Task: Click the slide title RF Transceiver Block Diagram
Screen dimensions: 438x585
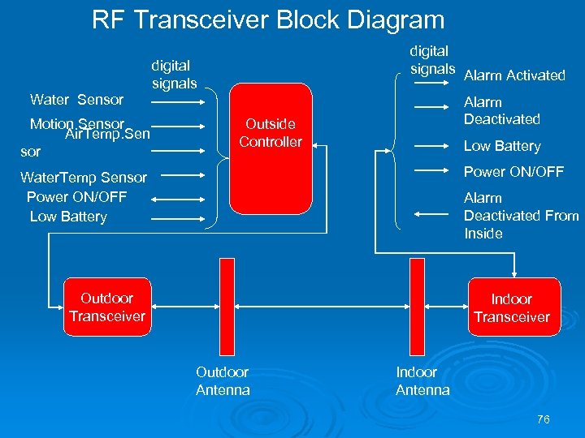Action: pyautogui.click(x=268, y=20)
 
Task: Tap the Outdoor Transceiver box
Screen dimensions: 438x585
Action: pyautogui.click(x=106, y=307)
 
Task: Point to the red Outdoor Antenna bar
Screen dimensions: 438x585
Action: pyautogui.click(x=227, y=307)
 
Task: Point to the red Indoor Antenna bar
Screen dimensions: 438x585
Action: pyautogui.click(x=419, y=307)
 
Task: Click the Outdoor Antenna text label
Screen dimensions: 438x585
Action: pyautogui.click(x=223, y=381)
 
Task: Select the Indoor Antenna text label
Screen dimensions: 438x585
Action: pyautogui.click(x=422, y=381)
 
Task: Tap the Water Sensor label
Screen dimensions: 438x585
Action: pyautogui.click(x=76, y=100)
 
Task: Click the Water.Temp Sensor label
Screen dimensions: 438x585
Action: pyautogui.click(x=84, y=178)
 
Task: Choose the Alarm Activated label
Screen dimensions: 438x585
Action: pyautogui.click(x=513, y=75)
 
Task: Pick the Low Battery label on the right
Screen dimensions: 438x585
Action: pyautogui.click(x=501, y=146)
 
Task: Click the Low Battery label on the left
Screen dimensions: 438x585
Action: pyautogui.click(x=68, y=217)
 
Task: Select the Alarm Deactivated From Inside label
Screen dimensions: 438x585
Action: pyautogui.click(x=520, y=216)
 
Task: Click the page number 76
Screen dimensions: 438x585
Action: pyautogui.click(x=544, y=419)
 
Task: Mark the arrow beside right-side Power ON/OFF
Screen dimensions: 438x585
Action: pyautogui.click(x=433, y=171)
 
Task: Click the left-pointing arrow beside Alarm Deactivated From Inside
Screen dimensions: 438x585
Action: pyautogui.click(x=433, y=213)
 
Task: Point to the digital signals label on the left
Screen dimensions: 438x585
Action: pyautogui.click(x=173, y=75)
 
